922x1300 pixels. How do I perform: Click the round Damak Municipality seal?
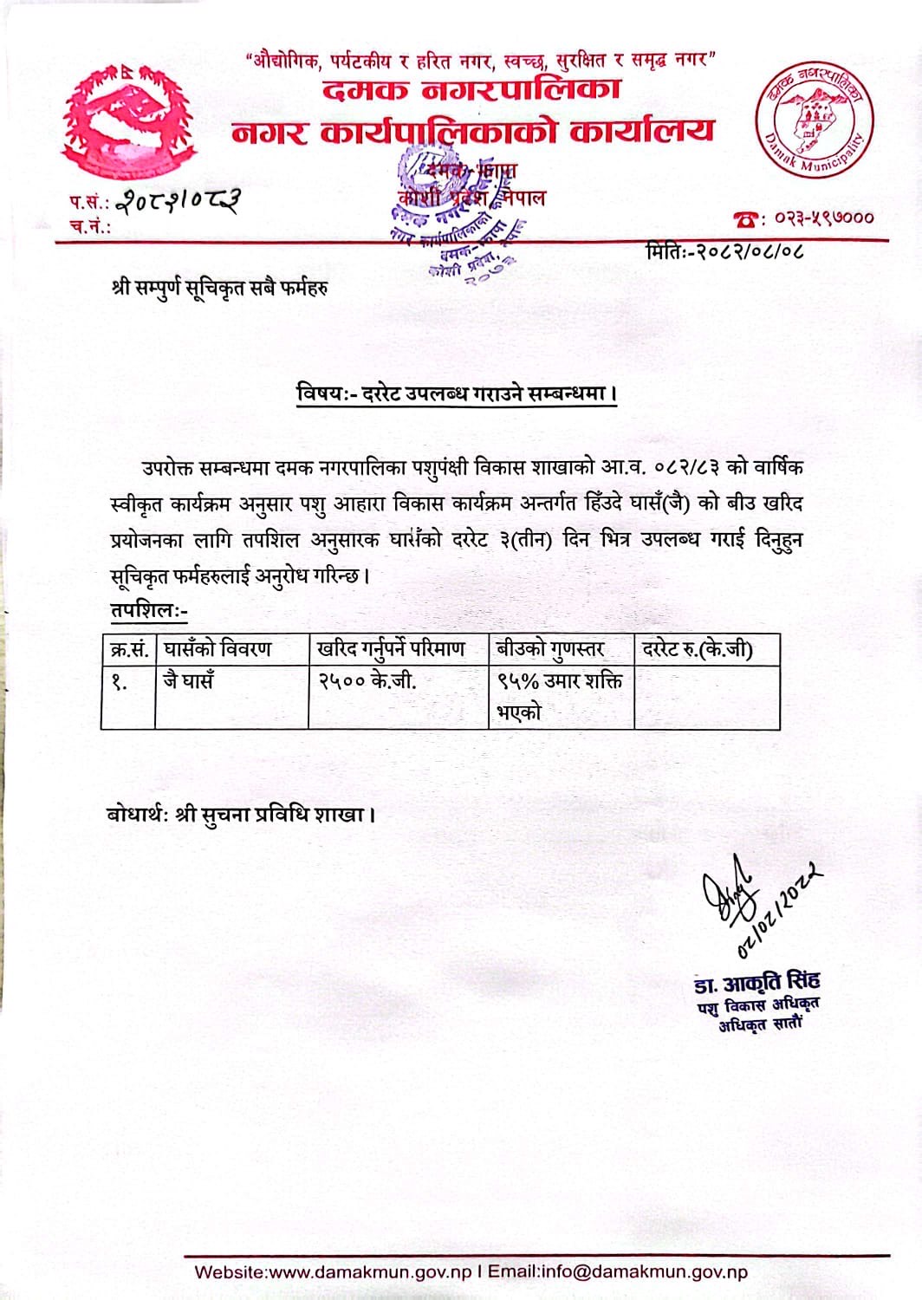(815, 120)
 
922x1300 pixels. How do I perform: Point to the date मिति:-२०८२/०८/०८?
(724, 252)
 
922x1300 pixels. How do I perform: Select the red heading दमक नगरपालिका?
(472, 89)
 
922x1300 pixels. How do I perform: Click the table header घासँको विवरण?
(218, 648)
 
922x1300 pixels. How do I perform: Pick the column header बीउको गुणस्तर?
(550, 648)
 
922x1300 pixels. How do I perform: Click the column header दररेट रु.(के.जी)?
(698, 648)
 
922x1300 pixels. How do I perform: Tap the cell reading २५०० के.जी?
(367, 681)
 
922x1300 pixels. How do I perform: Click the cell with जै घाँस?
(188, 681)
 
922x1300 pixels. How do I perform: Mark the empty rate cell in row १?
(706, 697)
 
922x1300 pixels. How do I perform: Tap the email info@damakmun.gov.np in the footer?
(642, 1272)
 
